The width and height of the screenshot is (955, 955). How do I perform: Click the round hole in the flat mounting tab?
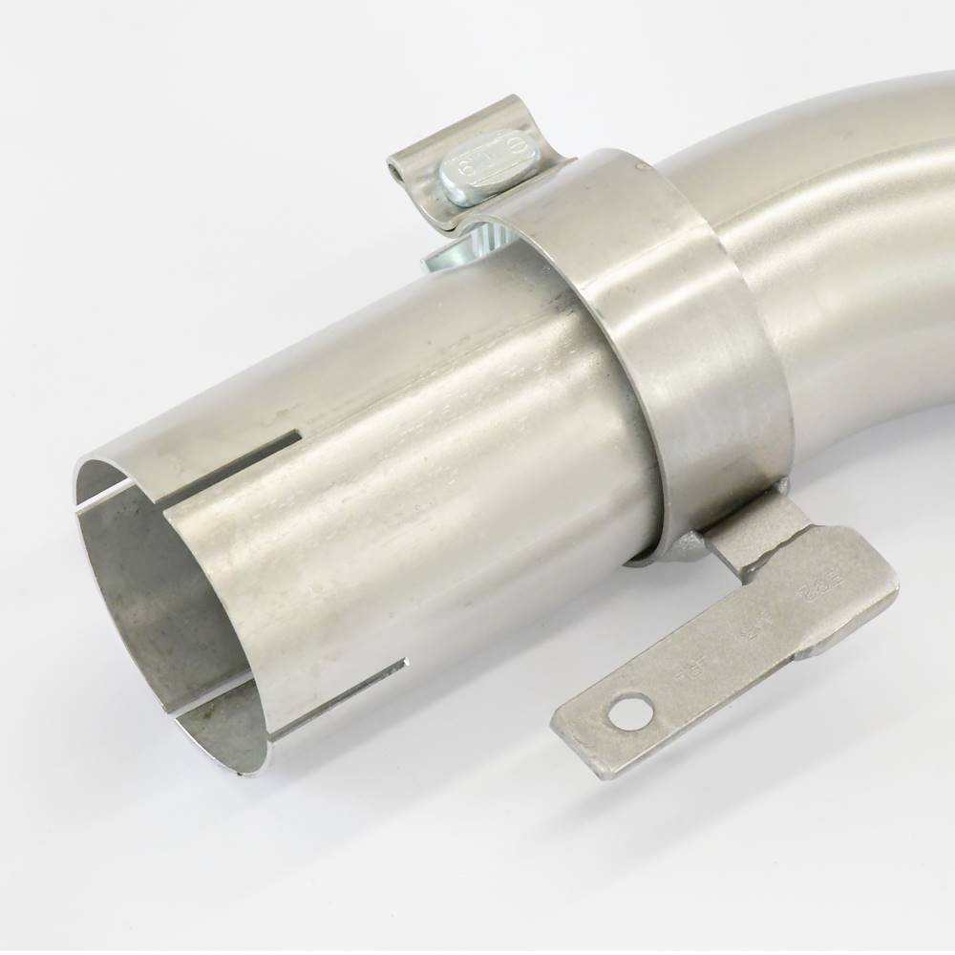629,711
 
